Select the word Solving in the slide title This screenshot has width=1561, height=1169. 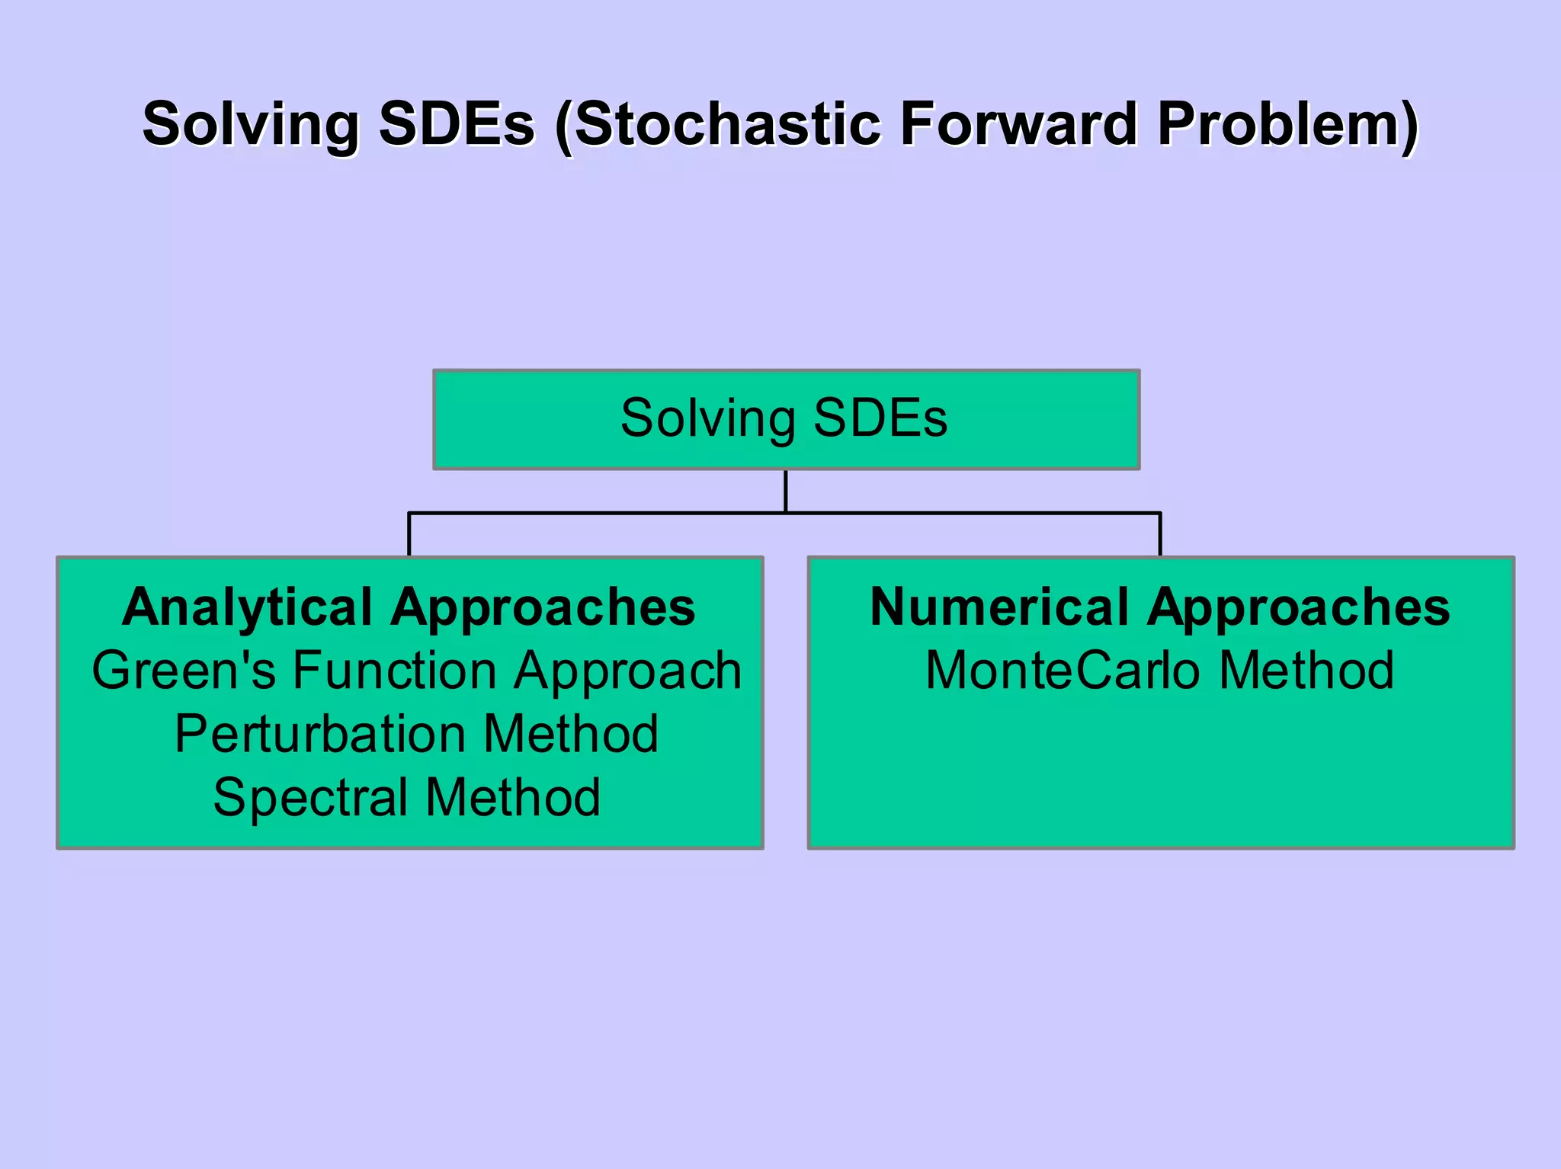pos(251,124)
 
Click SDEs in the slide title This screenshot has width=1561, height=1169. pos(457,124)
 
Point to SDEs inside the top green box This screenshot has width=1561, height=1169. pos(880,418)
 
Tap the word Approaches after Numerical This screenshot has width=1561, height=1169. pos(1299,607)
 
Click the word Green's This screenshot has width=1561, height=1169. pos(184,671)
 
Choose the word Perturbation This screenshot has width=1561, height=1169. pos(320,734)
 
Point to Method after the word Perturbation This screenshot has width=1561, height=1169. pos(571,734)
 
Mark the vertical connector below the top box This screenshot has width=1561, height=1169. pos(785,491)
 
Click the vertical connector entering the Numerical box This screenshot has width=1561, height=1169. pos(1160,535)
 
